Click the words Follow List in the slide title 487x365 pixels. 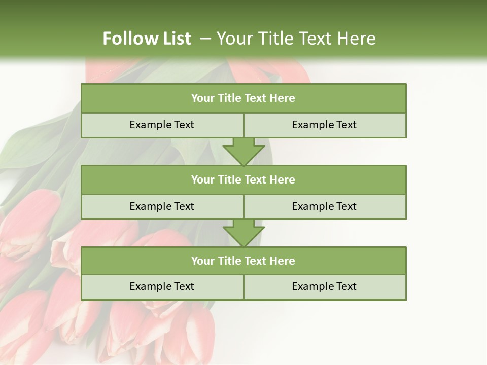coord(147,39)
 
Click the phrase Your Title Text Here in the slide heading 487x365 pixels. coord(296,39)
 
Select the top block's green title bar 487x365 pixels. coord(243,98)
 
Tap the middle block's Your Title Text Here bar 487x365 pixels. coord(243,179)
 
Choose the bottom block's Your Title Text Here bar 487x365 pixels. coord(243,261)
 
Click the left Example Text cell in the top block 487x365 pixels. coord(162,125)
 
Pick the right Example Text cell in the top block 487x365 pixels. coord(324,125)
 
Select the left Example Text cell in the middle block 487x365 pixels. coord(162,206)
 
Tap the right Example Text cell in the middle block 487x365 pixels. coord(324,206)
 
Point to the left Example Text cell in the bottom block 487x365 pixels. coord(162,286)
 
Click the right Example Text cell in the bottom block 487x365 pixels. coord(324,286)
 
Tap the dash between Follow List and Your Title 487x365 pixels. coord(205,38)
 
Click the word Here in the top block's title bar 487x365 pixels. coord(283,98)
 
